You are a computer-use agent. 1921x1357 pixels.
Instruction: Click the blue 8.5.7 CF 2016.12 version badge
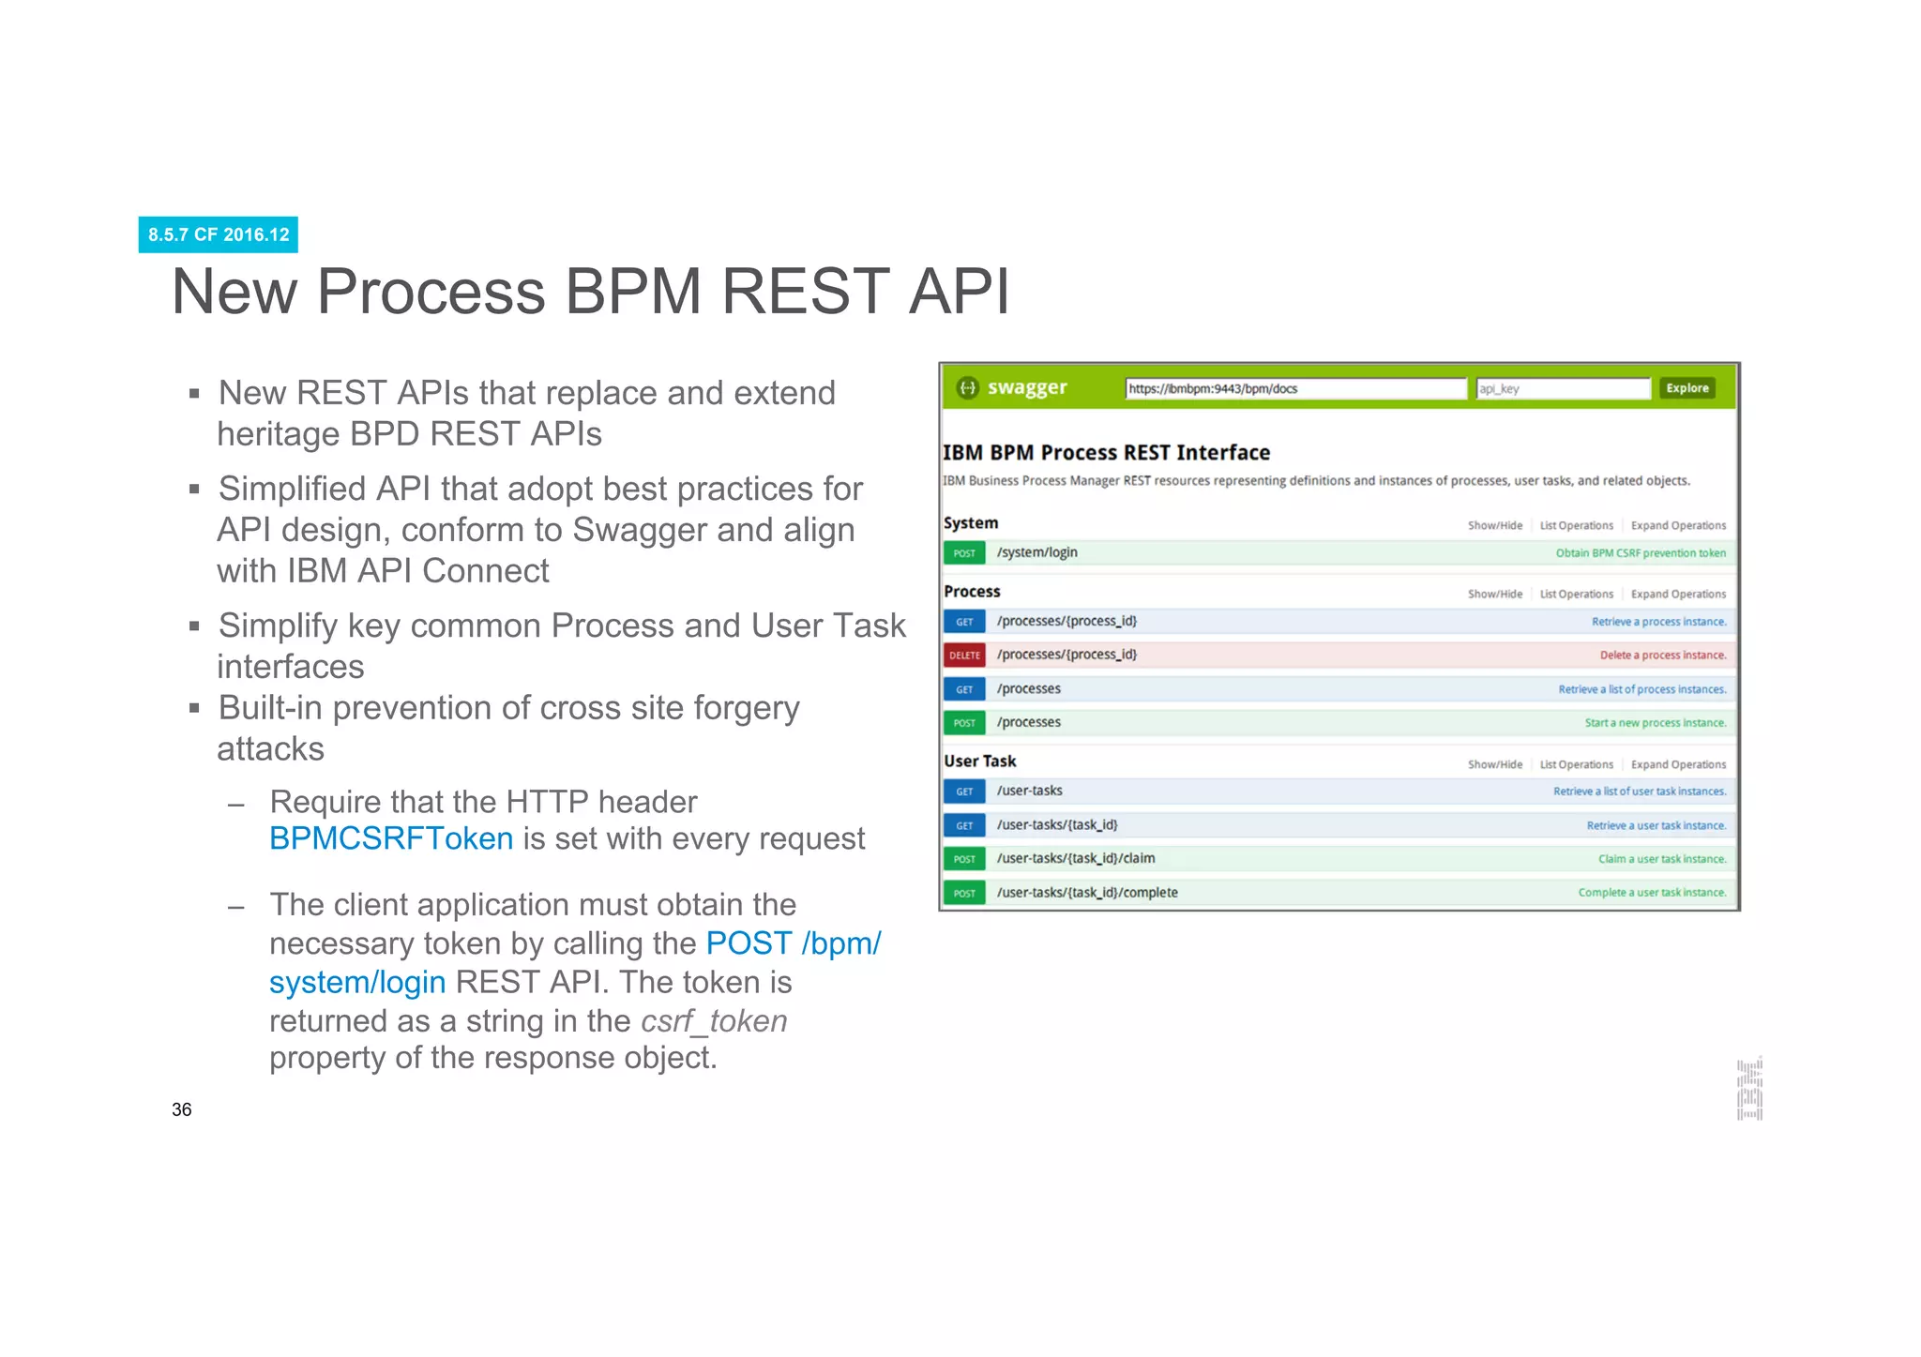[x=218, y=234]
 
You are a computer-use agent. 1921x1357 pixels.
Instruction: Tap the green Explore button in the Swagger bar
[x=1687, y=388]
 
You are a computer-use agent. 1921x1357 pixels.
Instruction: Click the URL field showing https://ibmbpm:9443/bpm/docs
[x=1294, y=388]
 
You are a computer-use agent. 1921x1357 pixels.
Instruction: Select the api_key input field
[x=1562, y=388]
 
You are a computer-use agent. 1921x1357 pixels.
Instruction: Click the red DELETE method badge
[x=964, y=656]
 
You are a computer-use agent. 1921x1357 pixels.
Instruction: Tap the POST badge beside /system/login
[x=964, y=553]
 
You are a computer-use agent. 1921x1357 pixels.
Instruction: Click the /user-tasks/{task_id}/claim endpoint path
[x=1076, y=858]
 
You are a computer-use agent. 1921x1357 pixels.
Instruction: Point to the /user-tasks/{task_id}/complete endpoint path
[x=1087, y=893]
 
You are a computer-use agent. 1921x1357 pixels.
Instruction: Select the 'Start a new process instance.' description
[x=1655, y=723]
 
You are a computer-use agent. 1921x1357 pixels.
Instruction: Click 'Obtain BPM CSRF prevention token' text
[x=1640, y=553]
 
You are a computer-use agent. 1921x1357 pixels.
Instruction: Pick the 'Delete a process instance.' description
[x=1662, y=656]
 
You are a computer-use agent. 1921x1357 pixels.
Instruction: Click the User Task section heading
[x=979, y=761]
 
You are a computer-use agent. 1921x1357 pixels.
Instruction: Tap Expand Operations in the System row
[x=1678, y=526]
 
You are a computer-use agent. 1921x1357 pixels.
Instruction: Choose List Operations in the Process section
[x=1576, y=595]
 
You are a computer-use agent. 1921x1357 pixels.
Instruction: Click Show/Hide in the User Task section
[x=1494, y=765]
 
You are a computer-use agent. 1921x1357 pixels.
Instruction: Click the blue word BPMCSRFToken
[x=391, y=838]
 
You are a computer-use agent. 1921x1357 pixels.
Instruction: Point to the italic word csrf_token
[x=714, y=1020]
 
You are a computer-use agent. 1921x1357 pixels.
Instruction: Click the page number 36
[x=182, y=1109]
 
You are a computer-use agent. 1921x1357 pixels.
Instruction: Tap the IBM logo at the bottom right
[x=1749, y=1089]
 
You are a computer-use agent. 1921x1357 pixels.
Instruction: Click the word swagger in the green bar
[x=1026, y=387]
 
